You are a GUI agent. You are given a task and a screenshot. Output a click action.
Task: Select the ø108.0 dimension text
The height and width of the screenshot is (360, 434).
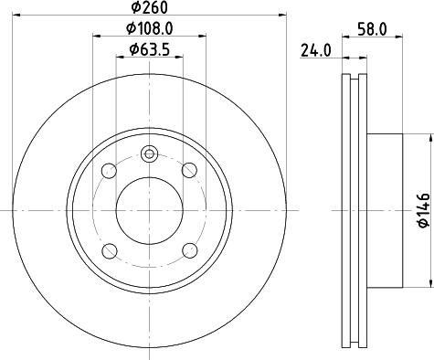(150, 29)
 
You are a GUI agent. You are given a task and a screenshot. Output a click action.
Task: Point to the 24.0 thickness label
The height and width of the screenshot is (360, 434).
(314, 52)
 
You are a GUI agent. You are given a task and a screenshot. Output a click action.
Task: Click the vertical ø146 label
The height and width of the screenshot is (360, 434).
(422, 210)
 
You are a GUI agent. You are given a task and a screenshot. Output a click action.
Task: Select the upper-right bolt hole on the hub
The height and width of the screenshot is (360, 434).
(190, 170)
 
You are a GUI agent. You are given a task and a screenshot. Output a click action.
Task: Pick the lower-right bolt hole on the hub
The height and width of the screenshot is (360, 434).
(190, 250)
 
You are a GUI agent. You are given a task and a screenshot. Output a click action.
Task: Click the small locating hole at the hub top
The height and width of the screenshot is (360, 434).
(150, 154)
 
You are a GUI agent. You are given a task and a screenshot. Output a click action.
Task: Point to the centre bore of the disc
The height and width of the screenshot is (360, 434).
(150, 210)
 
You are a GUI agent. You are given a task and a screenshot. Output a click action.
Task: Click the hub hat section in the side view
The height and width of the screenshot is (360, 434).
(384, 210)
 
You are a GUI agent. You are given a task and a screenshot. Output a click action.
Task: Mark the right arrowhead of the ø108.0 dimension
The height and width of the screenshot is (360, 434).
(203, 37)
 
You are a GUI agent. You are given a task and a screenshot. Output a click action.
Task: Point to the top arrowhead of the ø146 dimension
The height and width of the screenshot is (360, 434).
(429, 136)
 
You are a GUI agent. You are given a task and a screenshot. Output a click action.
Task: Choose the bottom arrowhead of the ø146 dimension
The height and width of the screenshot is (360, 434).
(429, 284)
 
